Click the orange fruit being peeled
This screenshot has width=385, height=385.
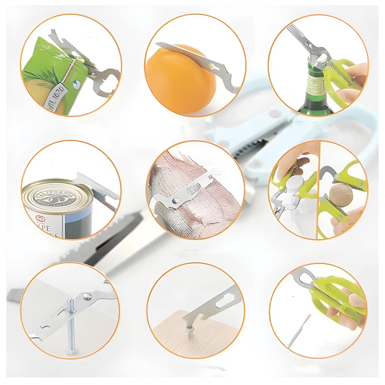click(179, 81)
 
